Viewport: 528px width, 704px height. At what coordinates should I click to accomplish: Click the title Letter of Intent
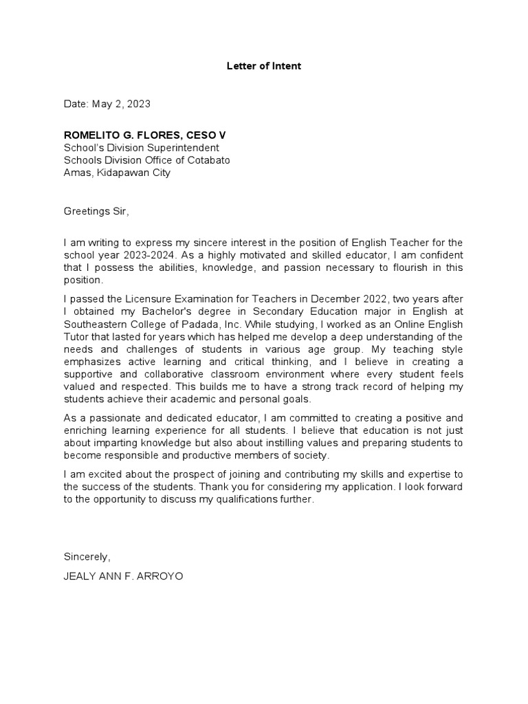(x=264, y=67)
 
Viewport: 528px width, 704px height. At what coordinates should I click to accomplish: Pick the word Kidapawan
(x=121, y=173)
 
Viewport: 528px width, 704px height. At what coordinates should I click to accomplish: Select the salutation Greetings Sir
(x=96, y=212)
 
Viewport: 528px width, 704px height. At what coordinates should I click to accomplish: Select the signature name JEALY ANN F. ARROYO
(x=123, y=576)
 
